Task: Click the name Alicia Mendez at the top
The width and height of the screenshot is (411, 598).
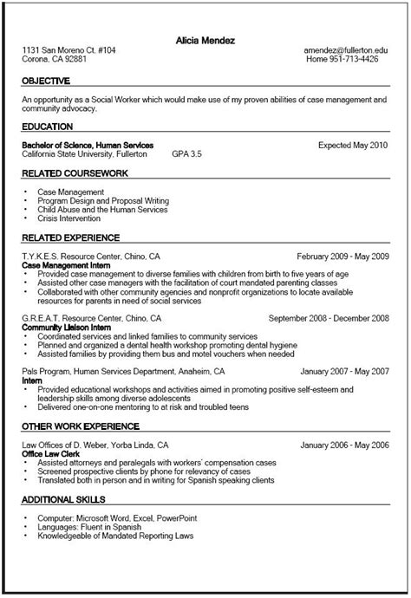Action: point(205,41)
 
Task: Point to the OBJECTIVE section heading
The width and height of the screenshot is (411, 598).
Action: point(46,81)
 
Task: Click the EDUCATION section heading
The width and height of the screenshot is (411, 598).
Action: point(47,127)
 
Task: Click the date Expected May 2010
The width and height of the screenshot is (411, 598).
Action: point(353,144)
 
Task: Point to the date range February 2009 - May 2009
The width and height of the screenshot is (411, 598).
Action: point(342,257)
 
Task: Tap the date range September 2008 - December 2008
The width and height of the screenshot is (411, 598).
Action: point(329,318)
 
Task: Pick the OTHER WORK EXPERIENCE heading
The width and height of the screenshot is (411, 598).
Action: point(81,426)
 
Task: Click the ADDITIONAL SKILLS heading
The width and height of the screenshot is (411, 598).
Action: point(64,500)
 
